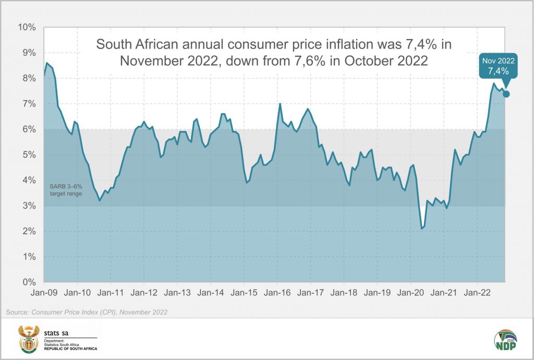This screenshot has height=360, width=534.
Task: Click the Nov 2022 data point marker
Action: pos(506,94)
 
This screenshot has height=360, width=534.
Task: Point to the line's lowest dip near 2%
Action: pos(422,229)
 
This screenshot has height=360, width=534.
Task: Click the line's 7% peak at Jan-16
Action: pos(280,104)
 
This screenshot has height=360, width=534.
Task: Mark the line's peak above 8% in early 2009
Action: pos(47,63)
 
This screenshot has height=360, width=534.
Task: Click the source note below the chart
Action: pos(87,312)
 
